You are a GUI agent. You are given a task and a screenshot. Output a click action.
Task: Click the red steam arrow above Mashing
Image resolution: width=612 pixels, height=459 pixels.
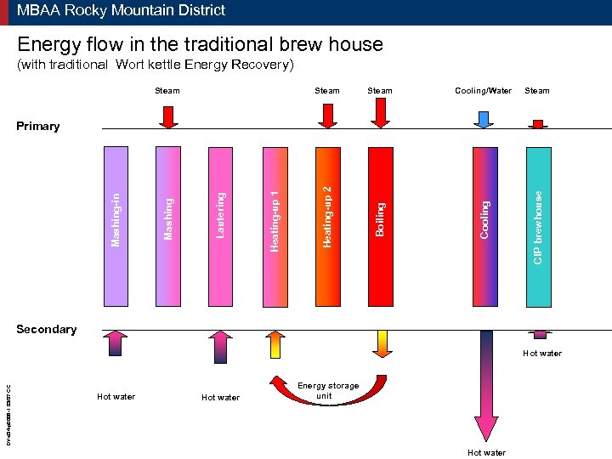click(168, 116)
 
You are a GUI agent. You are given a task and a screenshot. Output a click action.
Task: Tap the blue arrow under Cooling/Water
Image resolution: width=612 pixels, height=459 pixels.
click(484, 119)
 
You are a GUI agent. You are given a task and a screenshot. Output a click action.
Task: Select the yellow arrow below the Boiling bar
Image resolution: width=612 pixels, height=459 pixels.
click(382, 343)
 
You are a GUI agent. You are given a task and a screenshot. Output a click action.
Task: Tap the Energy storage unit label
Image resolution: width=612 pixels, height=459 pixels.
click(328, 391)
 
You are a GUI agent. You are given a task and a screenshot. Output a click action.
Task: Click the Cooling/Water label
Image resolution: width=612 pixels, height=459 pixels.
click(483, 91)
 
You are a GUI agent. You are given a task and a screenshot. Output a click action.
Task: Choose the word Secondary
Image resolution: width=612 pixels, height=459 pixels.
click(46, 330)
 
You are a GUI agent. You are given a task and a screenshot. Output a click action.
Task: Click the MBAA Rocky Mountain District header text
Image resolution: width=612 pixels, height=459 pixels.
click(121, 11)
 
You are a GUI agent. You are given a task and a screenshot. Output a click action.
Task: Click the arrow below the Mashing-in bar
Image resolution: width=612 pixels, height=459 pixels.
click(116, 346)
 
